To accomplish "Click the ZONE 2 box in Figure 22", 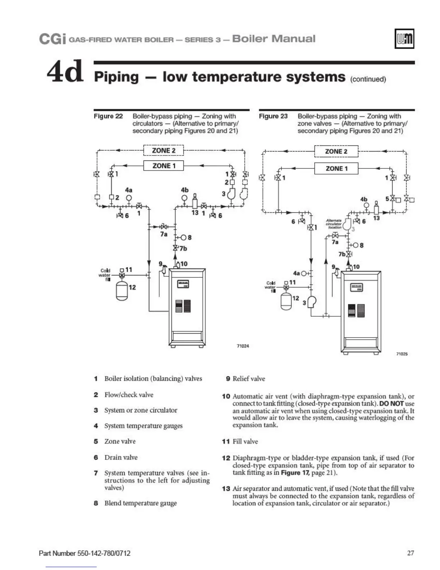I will pos(164,150).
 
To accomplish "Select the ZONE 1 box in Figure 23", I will pos(336,168).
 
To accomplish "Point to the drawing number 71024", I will pos(243,346).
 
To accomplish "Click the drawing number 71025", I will pos(402,354).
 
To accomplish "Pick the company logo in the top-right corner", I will pos(404,39).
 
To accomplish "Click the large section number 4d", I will pos(65,72).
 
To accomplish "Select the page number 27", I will pos(411,553).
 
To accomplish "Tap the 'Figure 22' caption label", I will pos(108,116).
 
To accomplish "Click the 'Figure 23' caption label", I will pos(273,116).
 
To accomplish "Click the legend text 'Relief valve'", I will pos(249,379).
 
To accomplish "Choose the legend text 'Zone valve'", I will pos(120,442).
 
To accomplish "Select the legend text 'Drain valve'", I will pos(121,457).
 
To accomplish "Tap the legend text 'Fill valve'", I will pos(245,442).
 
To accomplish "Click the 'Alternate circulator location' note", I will pos(334,224).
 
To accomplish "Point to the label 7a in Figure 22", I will pos(164,234).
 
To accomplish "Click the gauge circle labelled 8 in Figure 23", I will pos(355,245).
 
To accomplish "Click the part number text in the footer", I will pos(84,553).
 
